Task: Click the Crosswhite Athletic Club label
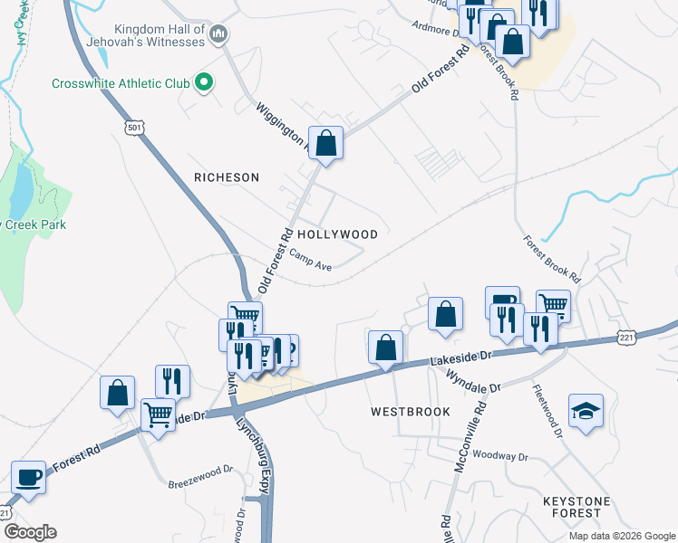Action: click(x=120, y=84)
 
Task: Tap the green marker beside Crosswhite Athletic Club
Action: click(x=204, y=84)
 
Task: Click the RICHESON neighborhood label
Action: click(x=227, y=177)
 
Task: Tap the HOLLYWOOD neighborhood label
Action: click(x=337, y=233)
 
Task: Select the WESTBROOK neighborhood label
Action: click(x=411, y=411)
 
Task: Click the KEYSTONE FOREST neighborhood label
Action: click(x=584, y=507)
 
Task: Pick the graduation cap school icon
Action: click(x=585, y=411)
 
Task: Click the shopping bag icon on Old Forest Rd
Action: click(x=326, y=144)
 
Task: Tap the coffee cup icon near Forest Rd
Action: click(x=28, y=477)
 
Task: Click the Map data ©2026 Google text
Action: click(x=622, y=536)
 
